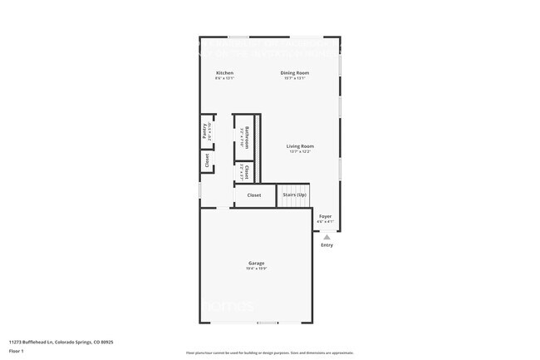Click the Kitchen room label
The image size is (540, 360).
pyautogui.click(x=224, y=73)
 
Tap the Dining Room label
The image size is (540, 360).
pyautogui.click(x=295, y=73)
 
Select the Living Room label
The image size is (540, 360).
pyautogui.click(x=301, y=146)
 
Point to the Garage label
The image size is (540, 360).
pyautogui.click(x=256, y=263)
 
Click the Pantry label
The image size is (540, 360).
pyautogui.click(x=204, y=131)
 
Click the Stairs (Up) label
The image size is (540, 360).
pyautogui.click(x=295, y=195)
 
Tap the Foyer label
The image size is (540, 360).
pyautogui.click(x=326, y=216)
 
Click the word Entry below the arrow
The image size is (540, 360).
pyautogui.click(x=326, y=245)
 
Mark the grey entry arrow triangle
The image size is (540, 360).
pyautogui.click(x=326, y=236)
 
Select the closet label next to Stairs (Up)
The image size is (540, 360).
pyautogui.click(x=254, y=195)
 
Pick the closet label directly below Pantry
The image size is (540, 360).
pyautogui.click(x=207, y=161)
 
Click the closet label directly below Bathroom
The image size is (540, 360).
pyautogui.click(x=247, y=171)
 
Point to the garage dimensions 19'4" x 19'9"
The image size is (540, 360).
pyautogui.click(x=256, y=269)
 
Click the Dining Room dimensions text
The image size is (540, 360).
pyautogui.click(x=295, y=79)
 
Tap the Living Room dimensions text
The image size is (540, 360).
pyautogui.click(x=301, y=152)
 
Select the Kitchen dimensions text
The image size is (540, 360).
pyautogui.click(x=224, y=79)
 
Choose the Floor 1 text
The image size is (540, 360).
pyautogui.click(x=17, y=350)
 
